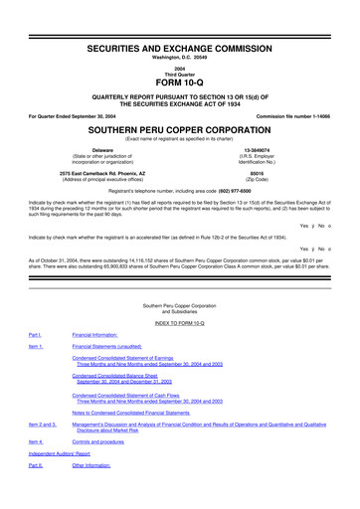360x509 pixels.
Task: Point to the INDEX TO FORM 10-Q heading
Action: (180, 324)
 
